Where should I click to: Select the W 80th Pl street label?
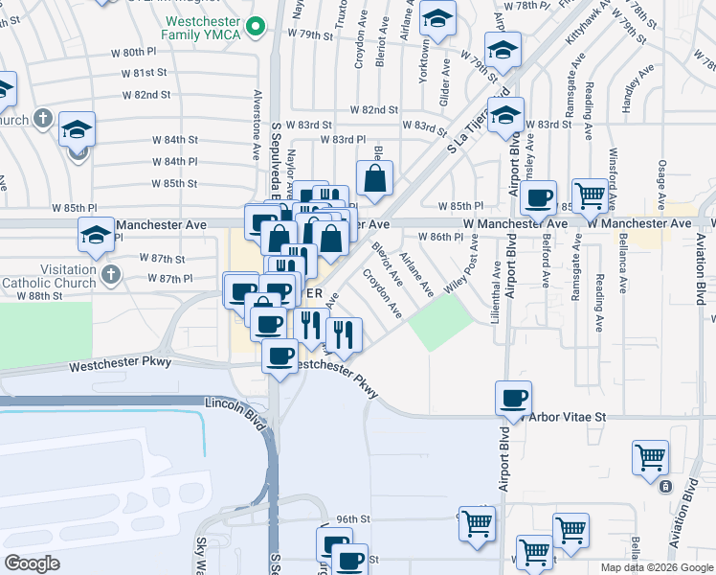(145, 51)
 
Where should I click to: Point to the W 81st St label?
(145, 73)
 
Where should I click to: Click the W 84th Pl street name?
(174, 161)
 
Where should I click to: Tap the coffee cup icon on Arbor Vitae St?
(515, 398)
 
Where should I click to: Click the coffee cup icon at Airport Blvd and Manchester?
(540, 198)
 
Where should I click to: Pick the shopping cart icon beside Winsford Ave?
(592, 195)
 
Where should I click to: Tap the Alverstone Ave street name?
(257, 138)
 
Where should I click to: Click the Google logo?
(33, 563)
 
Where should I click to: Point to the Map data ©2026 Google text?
(657, 567)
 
